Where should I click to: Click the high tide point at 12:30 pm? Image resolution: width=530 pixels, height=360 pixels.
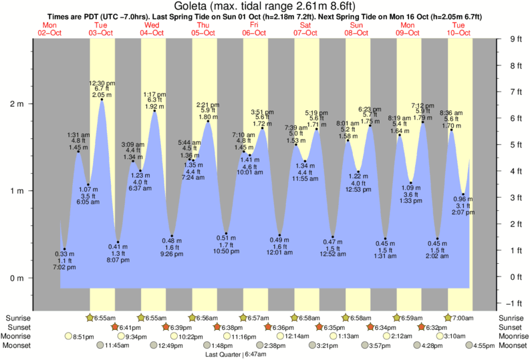coord(102,100)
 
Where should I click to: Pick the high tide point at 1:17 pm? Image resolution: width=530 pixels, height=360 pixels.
coord(155,111)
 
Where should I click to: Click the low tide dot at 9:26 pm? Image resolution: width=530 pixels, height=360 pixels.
coord(172,236)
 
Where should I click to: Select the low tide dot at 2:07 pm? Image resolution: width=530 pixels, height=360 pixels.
coord(463,194)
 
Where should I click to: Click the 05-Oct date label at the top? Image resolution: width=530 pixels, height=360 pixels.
coord(203,32)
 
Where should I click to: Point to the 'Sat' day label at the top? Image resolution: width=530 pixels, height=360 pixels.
coord(305,25)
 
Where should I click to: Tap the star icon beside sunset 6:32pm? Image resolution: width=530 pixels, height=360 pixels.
coord(422,327)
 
